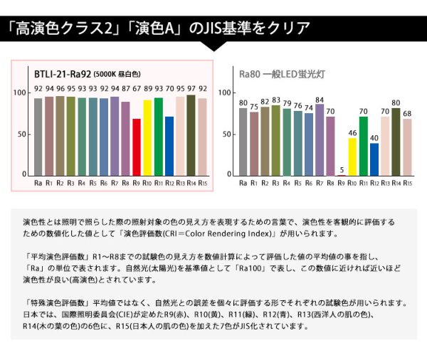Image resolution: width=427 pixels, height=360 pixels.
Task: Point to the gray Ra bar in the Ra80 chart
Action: pos(243,142)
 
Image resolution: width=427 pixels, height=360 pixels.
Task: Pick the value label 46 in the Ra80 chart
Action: pos(352,133)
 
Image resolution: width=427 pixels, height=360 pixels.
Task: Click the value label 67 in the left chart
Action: pos(137,89)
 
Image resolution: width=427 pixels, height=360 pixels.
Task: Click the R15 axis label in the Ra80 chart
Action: pos(407,184)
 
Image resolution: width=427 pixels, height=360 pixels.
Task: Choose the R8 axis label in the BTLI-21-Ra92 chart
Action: pos(126,184)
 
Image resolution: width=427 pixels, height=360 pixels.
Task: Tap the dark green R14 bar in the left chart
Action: pos(191,135)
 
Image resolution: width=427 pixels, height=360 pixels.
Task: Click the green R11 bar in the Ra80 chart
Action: pos(364,146)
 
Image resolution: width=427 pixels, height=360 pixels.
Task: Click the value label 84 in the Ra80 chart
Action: pos(320,100)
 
